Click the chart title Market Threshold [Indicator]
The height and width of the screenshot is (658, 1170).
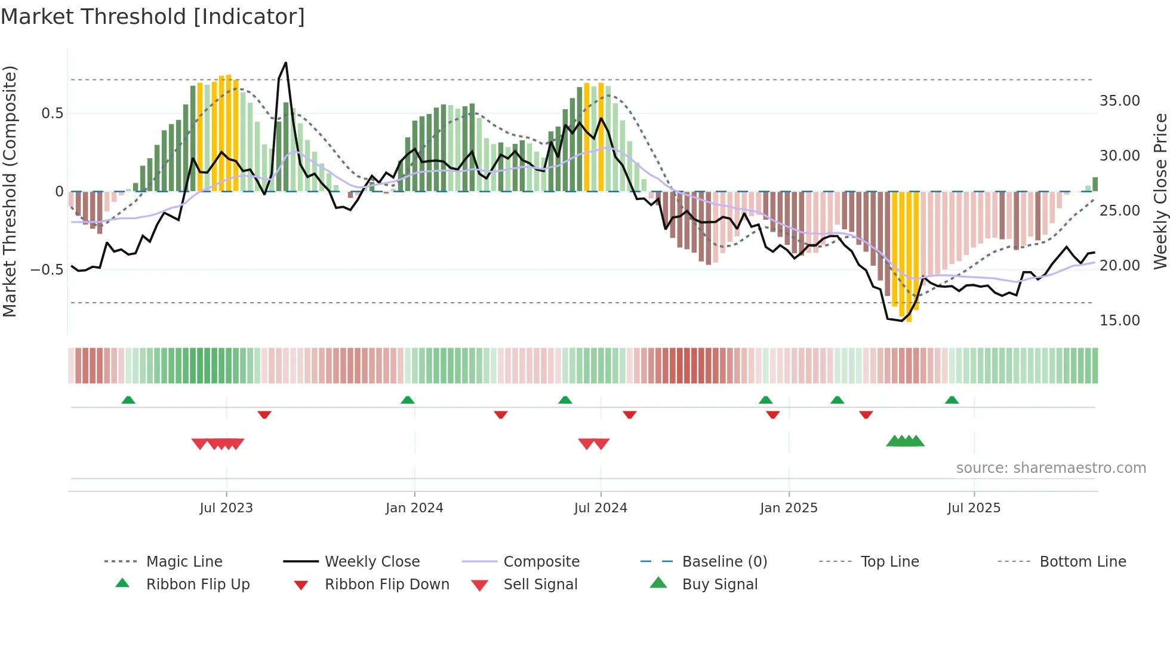[153, 17]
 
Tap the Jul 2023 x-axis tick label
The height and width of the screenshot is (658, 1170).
[226, 508]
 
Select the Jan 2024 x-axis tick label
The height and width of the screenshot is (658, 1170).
[414, 508]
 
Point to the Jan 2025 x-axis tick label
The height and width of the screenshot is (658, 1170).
[789, 508]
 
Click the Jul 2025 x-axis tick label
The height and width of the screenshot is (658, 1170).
[974, 508]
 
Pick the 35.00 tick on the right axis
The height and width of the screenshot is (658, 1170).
[1119, 101]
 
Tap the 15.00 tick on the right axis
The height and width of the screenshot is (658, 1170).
[1119, 321]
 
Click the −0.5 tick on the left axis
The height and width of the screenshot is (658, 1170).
[47, 270]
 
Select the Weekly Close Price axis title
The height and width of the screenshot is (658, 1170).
[1160, 191]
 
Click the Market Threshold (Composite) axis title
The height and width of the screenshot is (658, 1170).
[10, 191]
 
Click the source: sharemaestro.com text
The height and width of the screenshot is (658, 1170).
[1051, 468]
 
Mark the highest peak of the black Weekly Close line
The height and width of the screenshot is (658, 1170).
[286, 63]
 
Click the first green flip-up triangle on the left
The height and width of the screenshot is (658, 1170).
[128, 400]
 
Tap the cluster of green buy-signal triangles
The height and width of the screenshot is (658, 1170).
[905, 441]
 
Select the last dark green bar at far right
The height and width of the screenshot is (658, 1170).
[1095, 184]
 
